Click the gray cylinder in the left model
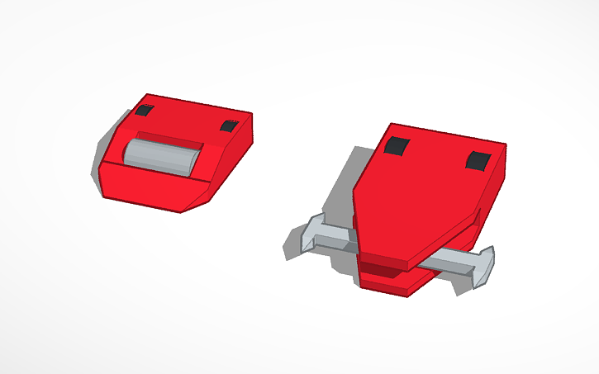click(161, 156)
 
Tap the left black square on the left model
click(145, 111)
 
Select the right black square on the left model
click(229, 126)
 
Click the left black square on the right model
click(397, 146)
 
